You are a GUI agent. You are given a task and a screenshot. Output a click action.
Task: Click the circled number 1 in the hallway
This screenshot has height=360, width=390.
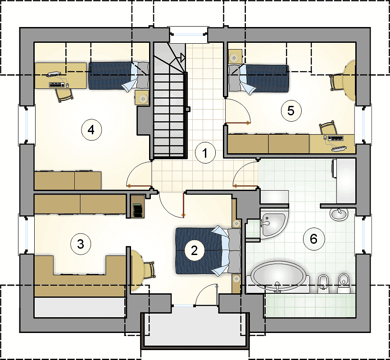point(205,153)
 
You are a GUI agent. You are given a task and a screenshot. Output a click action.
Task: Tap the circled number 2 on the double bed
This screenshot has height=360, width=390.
point(194,250)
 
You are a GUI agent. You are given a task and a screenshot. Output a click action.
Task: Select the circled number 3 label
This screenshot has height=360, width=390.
point(81,244)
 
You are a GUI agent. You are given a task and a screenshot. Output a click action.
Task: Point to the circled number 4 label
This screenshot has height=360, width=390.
point(91,130)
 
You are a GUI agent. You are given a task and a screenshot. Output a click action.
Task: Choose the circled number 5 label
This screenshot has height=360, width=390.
point(291,111)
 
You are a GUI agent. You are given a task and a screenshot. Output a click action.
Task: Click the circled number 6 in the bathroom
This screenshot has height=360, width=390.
point(314,239)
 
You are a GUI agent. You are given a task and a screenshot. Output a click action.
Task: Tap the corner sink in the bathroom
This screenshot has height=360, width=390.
point(274,224)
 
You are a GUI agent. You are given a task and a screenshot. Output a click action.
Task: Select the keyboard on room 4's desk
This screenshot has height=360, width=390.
point(56,85)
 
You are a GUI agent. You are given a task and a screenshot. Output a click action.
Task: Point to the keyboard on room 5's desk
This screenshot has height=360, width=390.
point(336,138)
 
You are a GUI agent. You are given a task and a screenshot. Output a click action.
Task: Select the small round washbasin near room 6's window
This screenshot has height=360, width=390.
point(339,214)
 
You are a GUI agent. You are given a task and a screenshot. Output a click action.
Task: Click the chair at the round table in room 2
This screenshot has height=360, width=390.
point(150,270)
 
